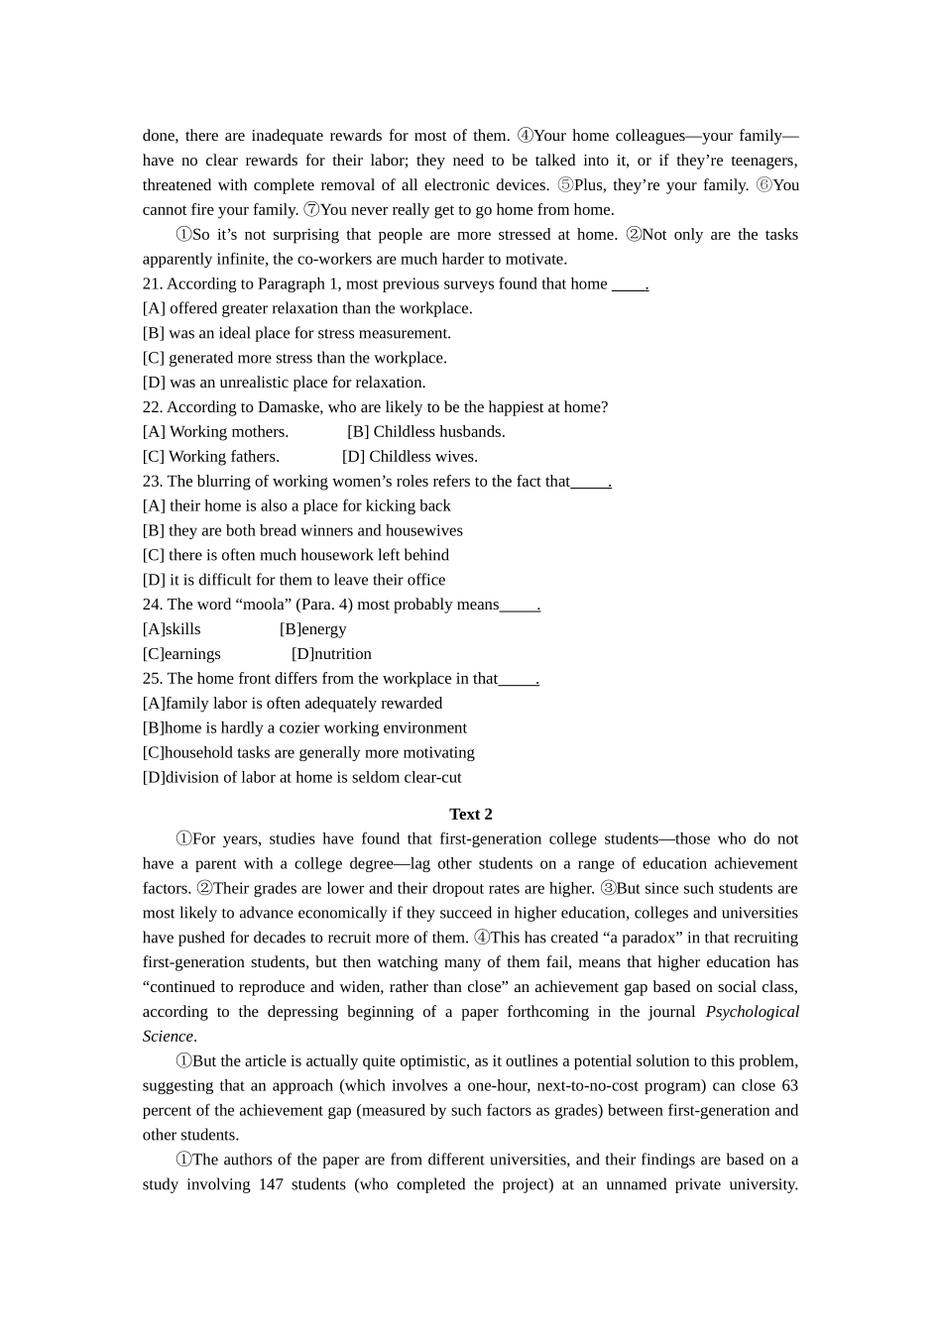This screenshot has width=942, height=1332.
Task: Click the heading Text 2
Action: tap(470, 814)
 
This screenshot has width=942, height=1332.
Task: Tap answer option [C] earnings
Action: tap(181, 653)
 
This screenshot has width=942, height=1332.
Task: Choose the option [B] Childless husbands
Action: tap(425, 431)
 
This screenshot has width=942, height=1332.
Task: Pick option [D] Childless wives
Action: tap(410, 456)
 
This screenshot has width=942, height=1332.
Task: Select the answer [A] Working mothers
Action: tap(215, 431)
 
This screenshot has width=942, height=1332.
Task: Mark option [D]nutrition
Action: tap(331, 653)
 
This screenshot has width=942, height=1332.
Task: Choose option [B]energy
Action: tap(312, 628)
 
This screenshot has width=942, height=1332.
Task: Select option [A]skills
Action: tap(172, 628)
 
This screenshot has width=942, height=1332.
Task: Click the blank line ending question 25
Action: tap(519, 679)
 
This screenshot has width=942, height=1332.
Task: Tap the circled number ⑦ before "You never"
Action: tap(311, 209)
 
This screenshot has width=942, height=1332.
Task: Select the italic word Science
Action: tap(168, 1036)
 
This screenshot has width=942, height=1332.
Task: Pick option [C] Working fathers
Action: tap(210, 456)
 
